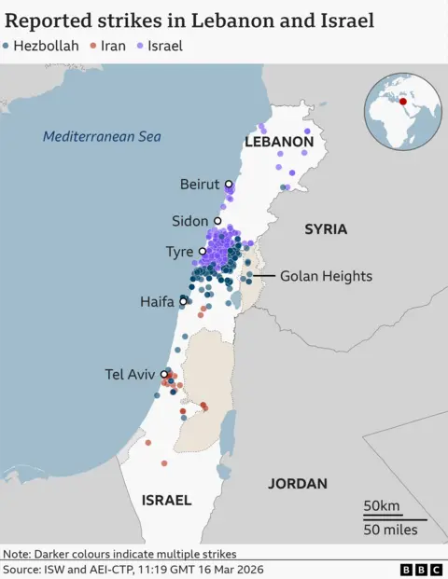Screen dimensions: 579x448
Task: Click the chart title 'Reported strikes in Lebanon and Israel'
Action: pyautogui.click(x=190, y=21)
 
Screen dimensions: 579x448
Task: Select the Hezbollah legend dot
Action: pyautogui.click(x=8, y=46)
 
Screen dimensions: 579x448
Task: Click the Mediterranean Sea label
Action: pyautogui.click(x=102, y=137)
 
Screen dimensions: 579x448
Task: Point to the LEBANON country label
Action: pyautogui.click(x=278, y=142)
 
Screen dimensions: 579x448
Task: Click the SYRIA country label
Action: pyautogui.click(x=326, y=228)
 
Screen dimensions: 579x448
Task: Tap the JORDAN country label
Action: pyautogui.click(x=298, y=483)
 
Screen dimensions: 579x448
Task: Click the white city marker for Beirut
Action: pyautogui.click(x=229, y=185)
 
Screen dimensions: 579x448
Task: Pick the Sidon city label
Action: pyautogui.click(x=190, y=221)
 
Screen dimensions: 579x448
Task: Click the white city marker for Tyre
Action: pyautogui.click(x=203, y=252)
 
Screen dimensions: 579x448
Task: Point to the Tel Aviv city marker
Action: pyautogui.click(x=164, y=374)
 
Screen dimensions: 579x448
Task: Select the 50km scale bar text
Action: pyautogui.click(x=382, y=506)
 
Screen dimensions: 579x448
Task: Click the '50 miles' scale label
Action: pyautogui.click(x=389, y=530)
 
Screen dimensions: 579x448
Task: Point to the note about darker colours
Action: pyautogui.click(x=119, y=553)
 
